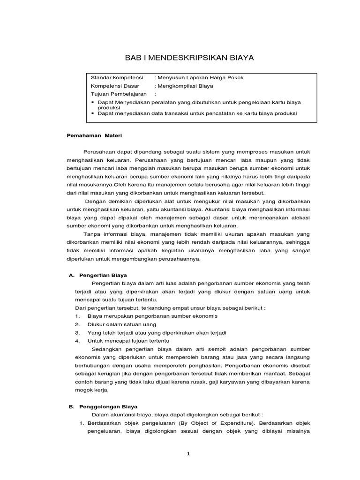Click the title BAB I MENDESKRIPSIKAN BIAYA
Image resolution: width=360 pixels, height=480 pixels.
pos(188,58)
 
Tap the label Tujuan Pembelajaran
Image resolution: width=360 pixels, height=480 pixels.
pos(118,94)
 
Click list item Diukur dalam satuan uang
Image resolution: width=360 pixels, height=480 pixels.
pos(122,324)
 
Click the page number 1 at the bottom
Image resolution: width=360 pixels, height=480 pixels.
pos(187,454)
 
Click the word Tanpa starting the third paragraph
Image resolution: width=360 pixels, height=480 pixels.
pos(92,234)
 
